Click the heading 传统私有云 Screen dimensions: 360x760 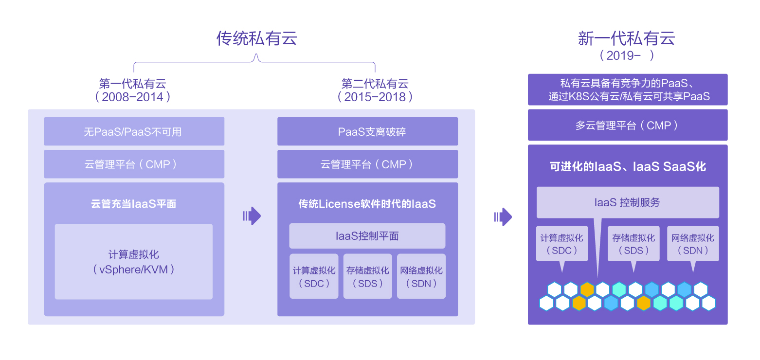[x=256, y=38]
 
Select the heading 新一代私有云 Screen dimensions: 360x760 [x=627, y=38]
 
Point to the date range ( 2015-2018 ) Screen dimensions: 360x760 [x=375, y=96]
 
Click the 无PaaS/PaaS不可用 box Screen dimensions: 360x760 [x=134, y=131]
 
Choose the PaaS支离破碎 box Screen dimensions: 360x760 [x=367, y=131]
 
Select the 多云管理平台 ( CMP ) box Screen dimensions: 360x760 [x=628, y=125]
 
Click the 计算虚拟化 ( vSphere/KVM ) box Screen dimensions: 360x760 [x=134, y=262]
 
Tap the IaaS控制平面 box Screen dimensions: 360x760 [x=367, y=236]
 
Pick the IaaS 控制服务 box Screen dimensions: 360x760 [x=628, y=202]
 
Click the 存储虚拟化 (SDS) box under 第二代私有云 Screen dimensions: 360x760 [x=367, y=276]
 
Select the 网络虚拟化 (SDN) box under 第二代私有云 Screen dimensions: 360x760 [x=421, y=276]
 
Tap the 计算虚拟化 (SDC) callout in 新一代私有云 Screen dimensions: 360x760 [x=562, y=244]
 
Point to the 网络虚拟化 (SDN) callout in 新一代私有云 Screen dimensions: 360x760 [x=693, y=244]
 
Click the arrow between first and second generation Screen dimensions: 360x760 [x=252, y=216]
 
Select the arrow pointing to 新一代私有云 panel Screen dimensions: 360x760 [x=503, y=216]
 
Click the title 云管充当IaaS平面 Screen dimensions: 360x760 [x=134, y=204]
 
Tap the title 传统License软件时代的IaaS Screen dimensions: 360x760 [x=367, y=204]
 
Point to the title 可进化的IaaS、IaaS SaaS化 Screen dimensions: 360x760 [x=628, y=167]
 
